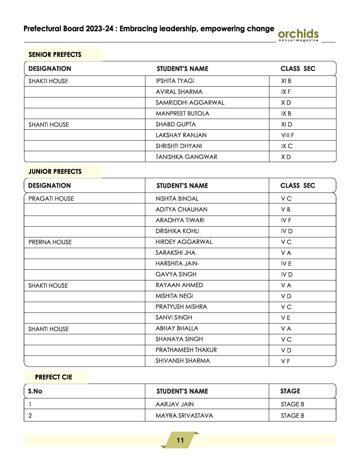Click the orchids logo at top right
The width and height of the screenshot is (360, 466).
click(x=298, y=35)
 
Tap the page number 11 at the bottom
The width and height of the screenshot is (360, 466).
click(x=180, y=440)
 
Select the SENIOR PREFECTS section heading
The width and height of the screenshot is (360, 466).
click(x=55, y=55)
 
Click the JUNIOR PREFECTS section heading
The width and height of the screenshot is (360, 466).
click(x=55, y=172)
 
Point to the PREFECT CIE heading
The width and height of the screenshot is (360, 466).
click(x=53, y=377)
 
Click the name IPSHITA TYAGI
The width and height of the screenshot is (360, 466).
click(x=175, y=81)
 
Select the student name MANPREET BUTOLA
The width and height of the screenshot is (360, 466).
click(x=182, y=113)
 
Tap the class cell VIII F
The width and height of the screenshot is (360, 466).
click(x=287, y=135)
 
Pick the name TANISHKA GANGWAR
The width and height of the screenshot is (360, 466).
click(x=186, y=157)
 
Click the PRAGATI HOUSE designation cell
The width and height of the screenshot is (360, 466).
click(x=51, y=199)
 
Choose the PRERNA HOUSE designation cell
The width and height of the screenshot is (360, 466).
click(x=50, y=242)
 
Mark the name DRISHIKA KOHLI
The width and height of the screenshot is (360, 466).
click(x=177, y=231)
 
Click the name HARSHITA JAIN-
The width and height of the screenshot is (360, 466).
click(x=177, y=263)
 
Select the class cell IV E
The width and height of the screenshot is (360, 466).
click(x=286, y=264)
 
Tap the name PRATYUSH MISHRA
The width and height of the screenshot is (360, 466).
click(x=181, y=307)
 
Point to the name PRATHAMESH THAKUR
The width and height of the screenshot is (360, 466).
click(x=186, y=350)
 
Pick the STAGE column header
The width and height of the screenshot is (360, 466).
click(x=290, y=391)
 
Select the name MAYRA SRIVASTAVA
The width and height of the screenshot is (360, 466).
click(x=184, y=416)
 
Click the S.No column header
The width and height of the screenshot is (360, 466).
click(x=35, y=391)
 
